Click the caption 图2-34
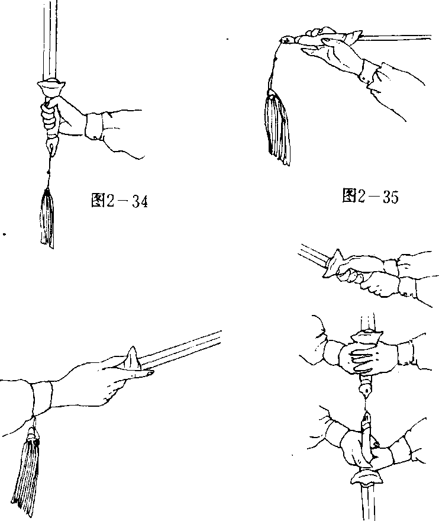[x=119, y=201]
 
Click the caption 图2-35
[x=370, y=196]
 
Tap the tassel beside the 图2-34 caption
[x=47, y=218]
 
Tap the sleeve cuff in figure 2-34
[x=94, y=126]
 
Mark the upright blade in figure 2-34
[x=50, y=40]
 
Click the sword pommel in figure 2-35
[x=288, y=40]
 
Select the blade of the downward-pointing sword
[x=367, y=503]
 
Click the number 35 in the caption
[x=390, y=197]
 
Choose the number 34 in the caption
[x=140, y=202]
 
